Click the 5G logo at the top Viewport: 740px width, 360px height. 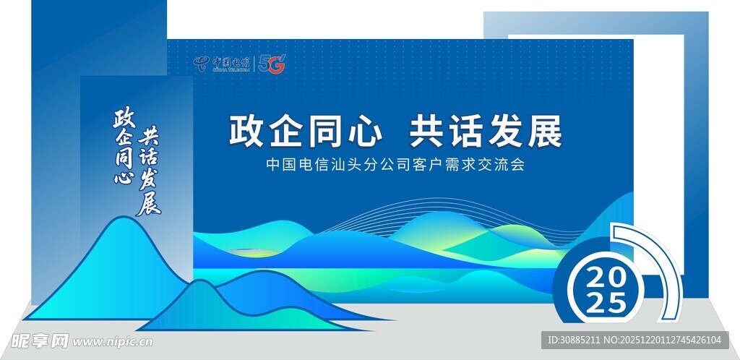pos(272,64)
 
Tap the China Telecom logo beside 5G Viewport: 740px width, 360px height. pos(221,64)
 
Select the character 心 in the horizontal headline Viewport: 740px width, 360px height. pos(363,132)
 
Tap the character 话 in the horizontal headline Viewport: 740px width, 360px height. pos(466,132)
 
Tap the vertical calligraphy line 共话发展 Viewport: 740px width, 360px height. pos(149,171)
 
